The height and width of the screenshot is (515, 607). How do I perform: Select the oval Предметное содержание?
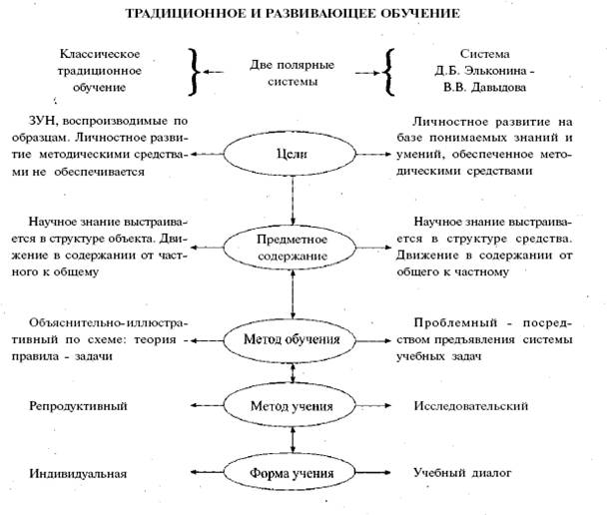pos(293,249)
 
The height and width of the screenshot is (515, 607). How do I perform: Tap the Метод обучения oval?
pos(293,339)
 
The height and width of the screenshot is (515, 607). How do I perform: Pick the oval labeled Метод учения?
pos(293,407)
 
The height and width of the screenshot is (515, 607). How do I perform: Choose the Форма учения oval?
pos(293,472)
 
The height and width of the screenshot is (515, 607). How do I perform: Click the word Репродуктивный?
pos(81,407)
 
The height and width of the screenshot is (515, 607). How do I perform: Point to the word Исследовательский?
pos(470,407)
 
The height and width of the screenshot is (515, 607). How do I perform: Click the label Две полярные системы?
pos(293,73)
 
